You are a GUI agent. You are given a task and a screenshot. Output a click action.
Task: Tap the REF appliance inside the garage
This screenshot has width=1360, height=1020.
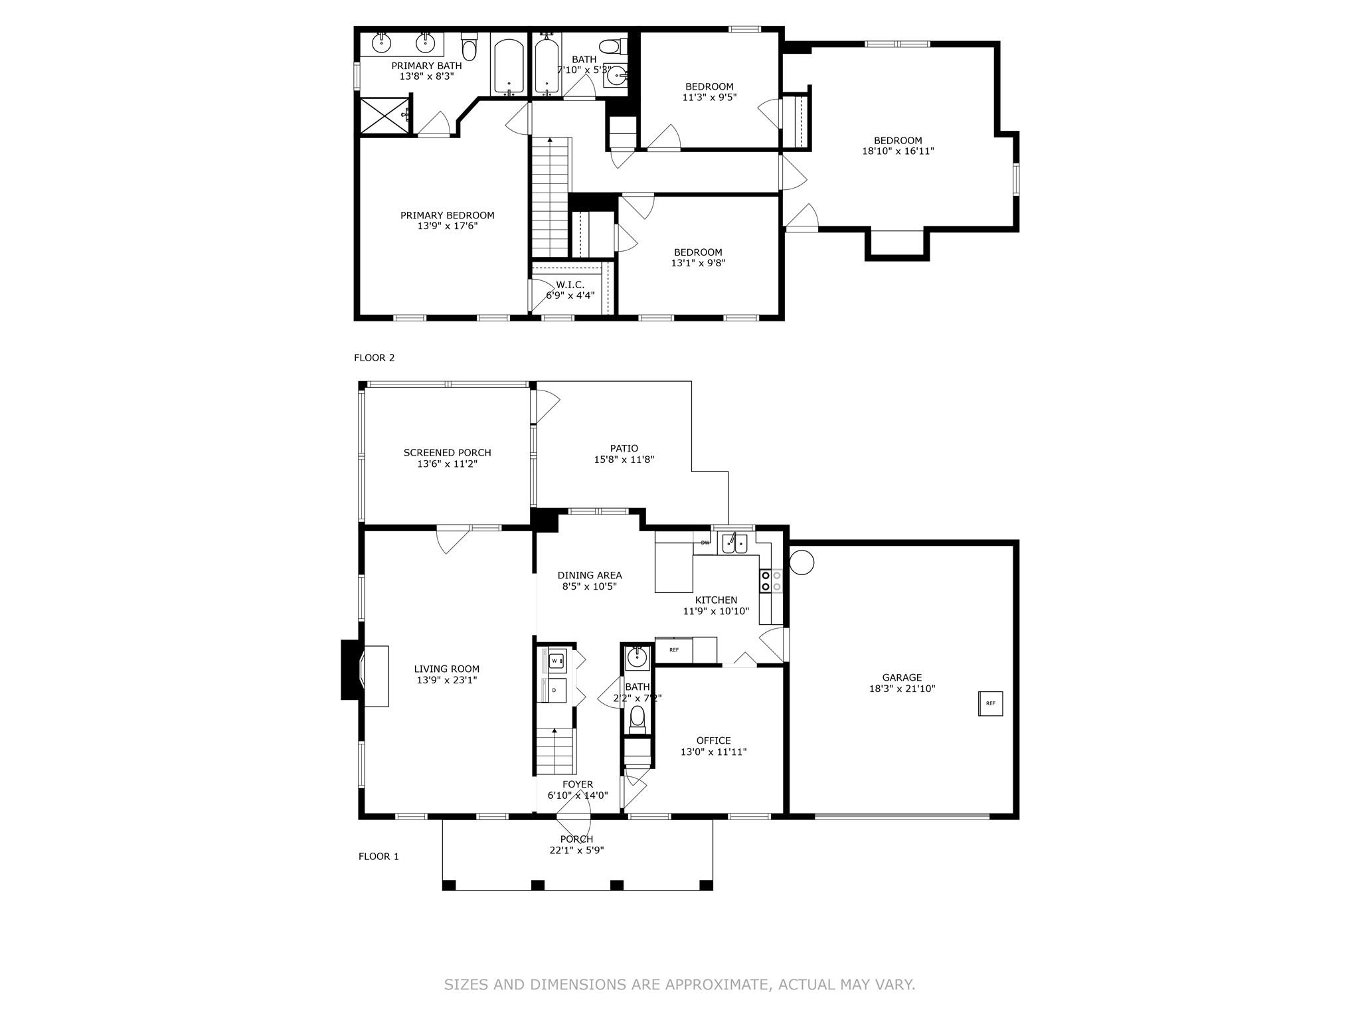[x=990, y=703]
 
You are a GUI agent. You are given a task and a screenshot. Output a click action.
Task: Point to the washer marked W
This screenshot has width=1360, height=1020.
[x=555, y=661]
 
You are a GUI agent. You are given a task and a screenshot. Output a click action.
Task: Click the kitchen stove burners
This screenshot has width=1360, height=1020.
[x=771, y=581]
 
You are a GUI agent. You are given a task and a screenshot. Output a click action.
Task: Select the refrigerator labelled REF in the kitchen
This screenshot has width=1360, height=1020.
[x=674, y=649]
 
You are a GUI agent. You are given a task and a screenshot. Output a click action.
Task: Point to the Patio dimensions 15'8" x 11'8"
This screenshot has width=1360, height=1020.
[x=624, y=459]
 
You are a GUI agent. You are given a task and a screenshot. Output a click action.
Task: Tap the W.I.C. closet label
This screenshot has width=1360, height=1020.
[x=570, y=285]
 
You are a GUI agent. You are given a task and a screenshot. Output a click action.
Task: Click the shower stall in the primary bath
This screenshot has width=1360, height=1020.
[x=386, y=116]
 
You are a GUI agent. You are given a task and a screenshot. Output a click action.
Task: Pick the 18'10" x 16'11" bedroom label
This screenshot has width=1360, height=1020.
[x=898, y=151]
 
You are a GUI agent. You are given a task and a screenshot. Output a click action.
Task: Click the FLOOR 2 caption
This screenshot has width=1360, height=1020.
[x=375, y=358]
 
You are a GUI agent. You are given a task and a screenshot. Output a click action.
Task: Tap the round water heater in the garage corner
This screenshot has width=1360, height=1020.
[x=802, y=562]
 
